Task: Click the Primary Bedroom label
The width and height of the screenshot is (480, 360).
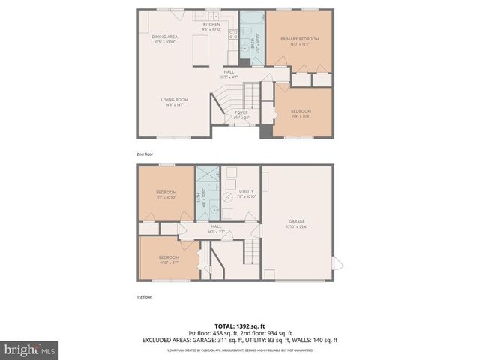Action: pos(300,40)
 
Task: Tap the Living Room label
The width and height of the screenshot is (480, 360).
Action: pos(173,101)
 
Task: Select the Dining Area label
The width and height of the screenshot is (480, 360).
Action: pos(163,40)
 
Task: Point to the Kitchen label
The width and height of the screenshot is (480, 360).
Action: pos(211,26)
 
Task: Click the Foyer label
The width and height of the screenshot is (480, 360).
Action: pos(241,114)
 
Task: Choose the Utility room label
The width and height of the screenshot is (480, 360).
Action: pos(247,193)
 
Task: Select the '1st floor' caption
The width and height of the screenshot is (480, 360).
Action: pos(144,297)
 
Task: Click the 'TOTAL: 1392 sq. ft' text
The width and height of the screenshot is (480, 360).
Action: pos(240,326)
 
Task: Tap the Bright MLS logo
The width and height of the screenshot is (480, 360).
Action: pos(30,349)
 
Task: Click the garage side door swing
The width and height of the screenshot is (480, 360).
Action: pos(337,264)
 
